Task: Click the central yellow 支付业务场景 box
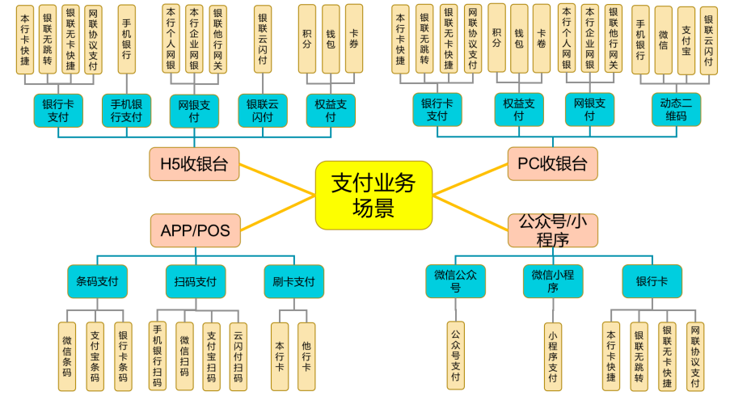click(373, 194)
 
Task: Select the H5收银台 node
click(194, 164)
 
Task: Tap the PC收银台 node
click(552, 164)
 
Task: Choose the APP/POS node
click(195, 231)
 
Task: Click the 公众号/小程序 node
click(552, 230)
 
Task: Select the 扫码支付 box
click(195, 282)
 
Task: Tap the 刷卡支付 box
click(293, 282)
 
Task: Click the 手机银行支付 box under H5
click(126, 110)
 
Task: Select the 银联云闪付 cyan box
click(263, 110)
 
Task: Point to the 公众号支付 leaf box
click(456, 356)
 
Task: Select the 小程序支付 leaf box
click(553, 356)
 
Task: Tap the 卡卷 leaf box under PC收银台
click(541, 38)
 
